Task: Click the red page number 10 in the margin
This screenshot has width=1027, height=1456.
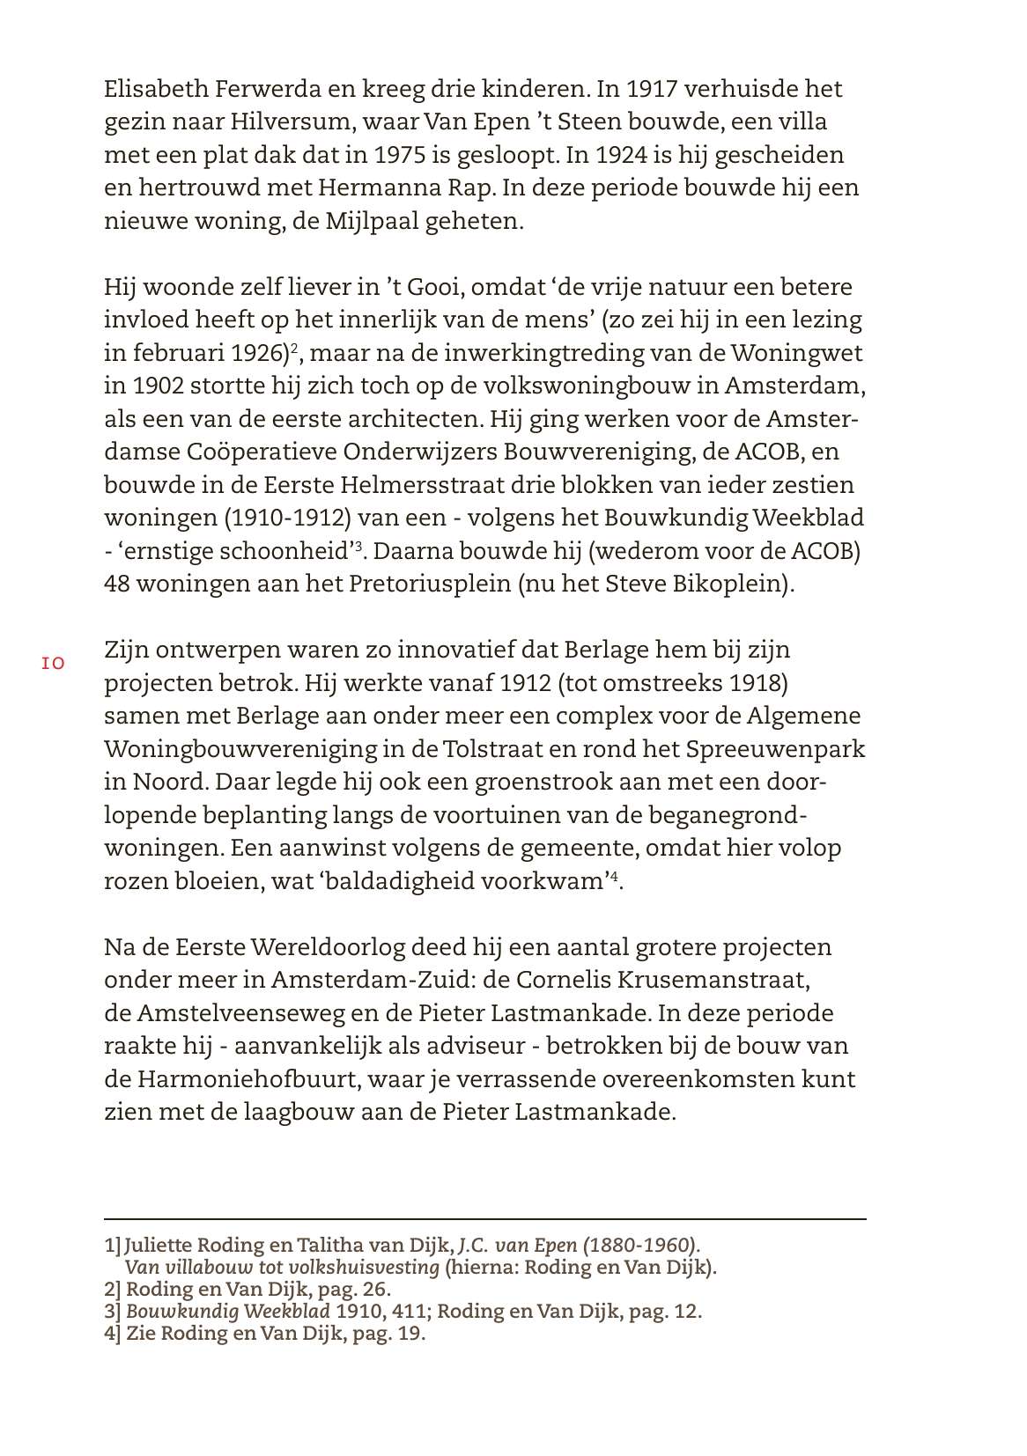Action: click(x=52, y=664)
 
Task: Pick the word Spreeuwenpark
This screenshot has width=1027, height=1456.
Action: click(x=775, y=749)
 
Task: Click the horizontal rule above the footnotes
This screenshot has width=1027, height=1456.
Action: click(x=484, y=1219)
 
